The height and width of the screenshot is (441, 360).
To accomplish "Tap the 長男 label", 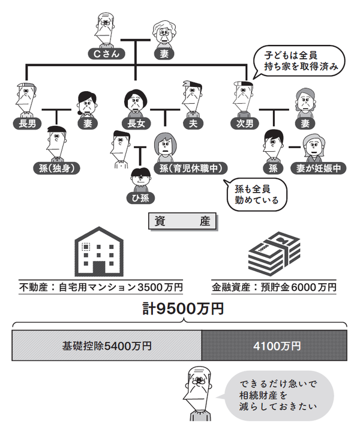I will tap(27, 124).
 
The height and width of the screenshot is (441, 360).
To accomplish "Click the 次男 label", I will tap(244, 124).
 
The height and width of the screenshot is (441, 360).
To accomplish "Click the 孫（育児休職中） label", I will tap(187, 169).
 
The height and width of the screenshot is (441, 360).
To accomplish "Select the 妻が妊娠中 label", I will tap(317, 169).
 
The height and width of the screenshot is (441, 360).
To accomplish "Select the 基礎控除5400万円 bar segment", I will tap(107, 346).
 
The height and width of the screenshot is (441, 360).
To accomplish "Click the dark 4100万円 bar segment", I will tap(274, 346).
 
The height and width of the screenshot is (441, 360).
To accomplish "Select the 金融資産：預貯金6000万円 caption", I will tap(274, 287).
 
